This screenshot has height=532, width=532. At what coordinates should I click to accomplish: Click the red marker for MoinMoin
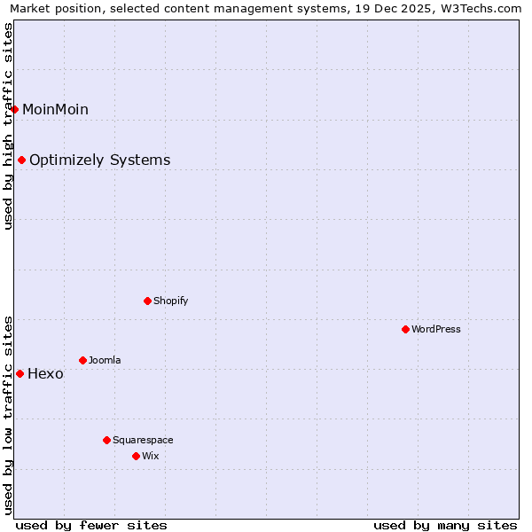pyautogui.click(x=15, y=109)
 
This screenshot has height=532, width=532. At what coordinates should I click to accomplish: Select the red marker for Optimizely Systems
pyautogui.click(x=21, y=160)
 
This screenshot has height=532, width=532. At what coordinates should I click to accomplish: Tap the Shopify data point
pyautogui.click(x=147, y=301)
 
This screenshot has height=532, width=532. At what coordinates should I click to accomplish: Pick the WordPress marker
pyautogui.click(x=405, y=329)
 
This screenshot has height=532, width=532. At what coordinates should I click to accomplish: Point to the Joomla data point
pyautogui.click(x=82, y=360)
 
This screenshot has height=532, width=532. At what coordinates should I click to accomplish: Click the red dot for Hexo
pyautogui.click(x=20, y=373)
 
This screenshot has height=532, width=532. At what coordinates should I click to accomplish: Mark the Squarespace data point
pyautogui.click(x=106, y=440)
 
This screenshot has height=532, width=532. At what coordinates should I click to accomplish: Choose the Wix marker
pyautogui.click(x=136, y=456)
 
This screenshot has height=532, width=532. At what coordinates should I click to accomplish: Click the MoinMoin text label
pyautogui.click(x=55, y=109)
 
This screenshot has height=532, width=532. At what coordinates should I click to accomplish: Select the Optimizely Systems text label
pyautogui.click(x=99, y=160)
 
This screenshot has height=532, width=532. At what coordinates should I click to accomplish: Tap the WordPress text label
pyautogui.click(x=436, y=329)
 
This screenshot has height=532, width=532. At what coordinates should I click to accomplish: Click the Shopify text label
pyautogui.click(x=171, y=301)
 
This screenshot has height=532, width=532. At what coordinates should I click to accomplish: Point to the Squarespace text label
pyautogui.click(x=143, y=440)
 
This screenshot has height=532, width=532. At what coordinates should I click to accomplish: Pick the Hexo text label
pyautogui.click(x=45, y=373)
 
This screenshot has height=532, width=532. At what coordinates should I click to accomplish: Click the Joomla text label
pyautogui.click(x=105, y=360)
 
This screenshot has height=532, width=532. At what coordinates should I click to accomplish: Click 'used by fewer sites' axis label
pyautogui.click(x=91, y=525)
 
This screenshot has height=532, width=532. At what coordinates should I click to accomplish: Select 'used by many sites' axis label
pyautogui.click(x=445, y=525)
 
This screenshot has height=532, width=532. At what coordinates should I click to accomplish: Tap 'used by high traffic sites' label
pyautogui.click(x=8, y=126)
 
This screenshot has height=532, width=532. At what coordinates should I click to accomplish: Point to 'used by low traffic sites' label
pyautogui.click(x=8, y=414)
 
